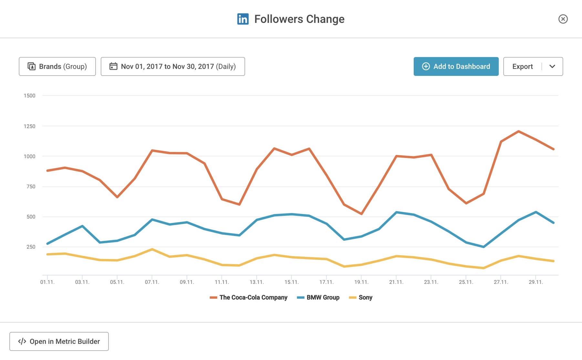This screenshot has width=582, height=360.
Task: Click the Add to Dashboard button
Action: (456, 67)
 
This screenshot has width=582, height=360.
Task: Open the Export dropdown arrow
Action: (552, 67)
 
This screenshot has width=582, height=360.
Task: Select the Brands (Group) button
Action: (57, 67)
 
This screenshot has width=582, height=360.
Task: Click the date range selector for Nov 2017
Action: (173, 67)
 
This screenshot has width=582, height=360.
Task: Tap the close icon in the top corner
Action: (563, 19)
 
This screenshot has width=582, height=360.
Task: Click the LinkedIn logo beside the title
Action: (243, 19)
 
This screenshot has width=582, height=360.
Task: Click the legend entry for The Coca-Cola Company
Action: (248, 297)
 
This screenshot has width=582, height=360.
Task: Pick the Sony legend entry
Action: (361, 297)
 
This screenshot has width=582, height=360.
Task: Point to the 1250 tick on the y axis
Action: (29, 126)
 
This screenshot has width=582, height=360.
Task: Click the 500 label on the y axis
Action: (31, 217)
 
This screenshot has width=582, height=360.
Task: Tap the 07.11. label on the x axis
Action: (152, 282)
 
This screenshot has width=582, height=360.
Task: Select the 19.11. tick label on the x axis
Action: (361, 282)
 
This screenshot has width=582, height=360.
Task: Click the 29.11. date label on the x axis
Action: (535, 282)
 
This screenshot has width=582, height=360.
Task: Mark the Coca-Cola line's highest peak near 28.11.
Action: (518, 131)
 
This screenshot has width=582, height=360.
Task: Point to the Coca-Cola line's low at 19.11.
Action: (361, 214)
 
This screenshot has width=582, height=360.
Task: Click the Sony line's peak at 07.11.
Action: (152, 249)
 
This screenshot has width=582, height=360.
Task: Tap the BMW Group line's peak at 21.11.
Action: (396, 212)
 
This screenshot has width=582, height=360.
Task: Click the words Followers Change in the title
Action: (299, 19)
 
